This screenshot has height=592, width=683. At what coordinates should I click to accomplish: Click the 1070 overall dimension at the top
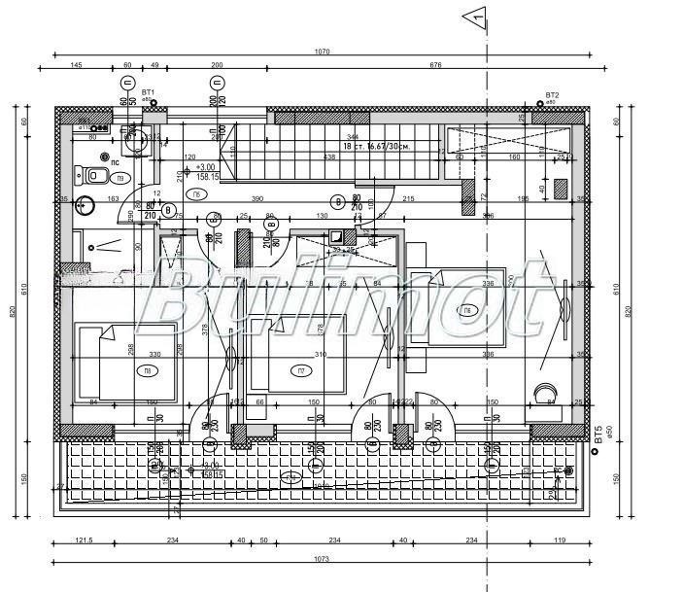pos(322,51)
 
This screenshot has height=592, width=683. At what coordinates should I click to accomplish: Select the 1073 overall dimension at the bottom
pos(322,559)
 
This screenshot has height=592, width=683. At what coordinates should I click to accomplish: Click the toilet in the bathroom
pos(94,175)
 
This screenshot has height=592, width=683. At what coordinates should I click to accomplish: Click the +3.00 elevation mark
pos(205,166)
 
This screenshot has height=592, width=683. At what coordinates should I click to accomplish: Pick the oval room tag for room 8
pos(149,370)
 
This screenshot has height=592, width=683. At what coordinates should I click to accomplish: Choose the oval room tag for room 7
pos(302,370)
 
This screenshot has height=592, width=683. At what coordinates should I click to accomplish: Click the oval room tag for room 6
pos(468,310)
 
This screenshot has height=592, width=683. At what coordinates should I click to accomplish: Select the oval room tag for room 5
pos(197,194)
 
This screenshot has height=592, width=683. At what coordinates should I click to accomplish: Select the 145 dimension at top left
pos(76,65)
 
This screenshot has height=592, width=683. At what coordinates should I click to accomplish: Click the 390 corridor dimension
pos(257,198)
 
